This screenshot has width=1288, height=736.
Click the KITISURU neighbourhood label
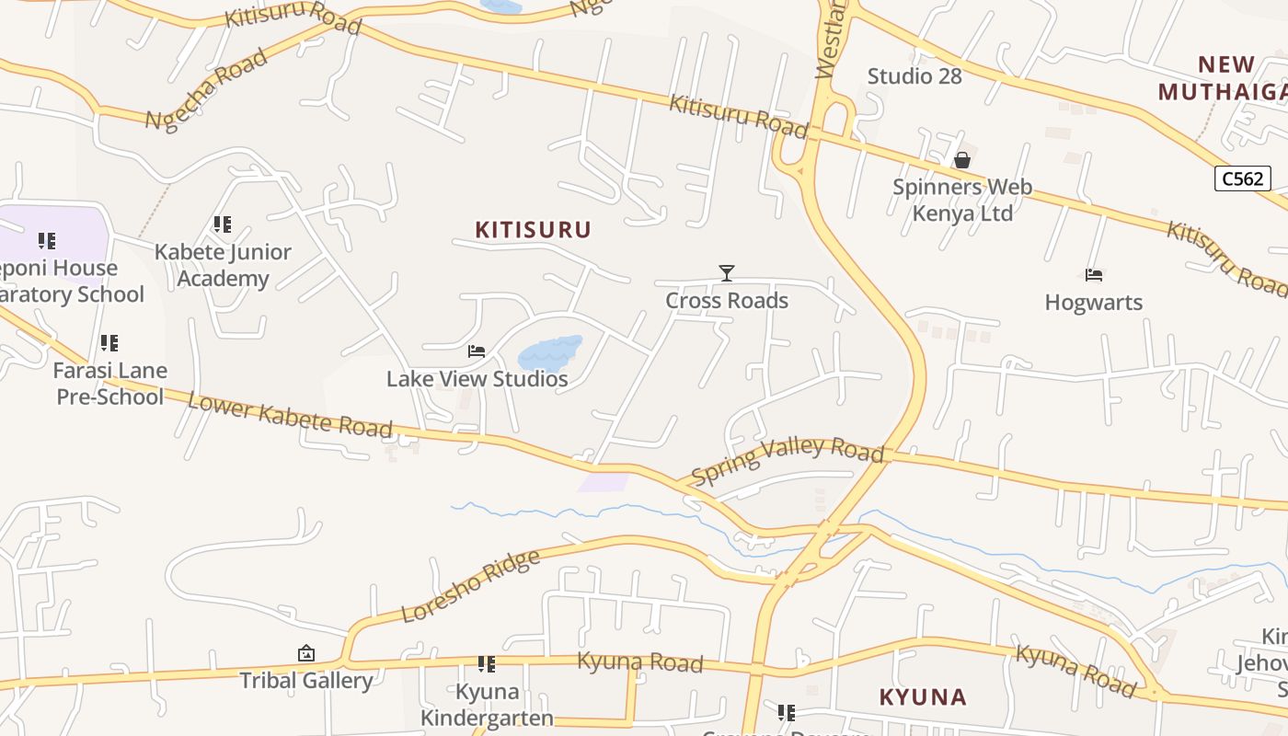click(x=533, y=230)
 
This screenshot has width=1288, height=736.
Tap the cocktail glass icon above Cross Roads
click(x=727, y=273)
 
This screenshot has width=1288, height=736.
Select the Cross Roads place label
click(x=727, y=301)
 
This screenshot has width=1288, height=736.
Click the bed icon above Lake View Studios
click(x=477, y=351)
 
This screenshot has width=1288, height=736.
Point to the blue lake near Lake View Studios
click(x=549, y=353)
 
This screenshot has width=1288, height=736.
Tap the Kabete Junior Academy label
click(x=223, y=265)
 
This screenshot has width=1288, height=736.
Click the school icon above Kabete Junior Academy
click(x=222, y=224)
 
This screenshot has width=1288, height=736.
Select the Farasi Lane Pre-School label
click(x=109, y=384)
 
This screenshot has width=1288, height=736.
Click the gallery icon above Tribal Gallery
click(x=306, y=653)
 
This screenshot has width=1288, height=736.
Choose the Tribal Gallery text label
click(x=306, y=681)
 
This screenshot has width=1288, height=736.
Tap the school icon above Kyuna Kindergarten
click(x=487, y=664)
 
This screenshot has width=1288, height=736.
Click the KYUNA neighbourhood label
click(x=923, y=697)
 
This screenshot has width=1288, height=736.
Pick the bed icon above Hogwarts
click(x=1094, y=275)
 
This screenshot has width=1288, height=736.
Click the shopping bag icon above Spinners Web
click(x=962, y=161)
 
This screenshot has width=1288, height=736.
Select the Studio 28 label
click(x=914, y=76)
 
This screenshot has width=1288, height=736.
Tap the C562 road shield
click(x=1243, y=178)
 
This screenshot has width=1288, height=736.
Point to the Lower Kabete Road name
click(x=290, y=415)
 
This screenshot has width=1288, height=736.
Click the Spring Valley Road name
click(x=788, y=461)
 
